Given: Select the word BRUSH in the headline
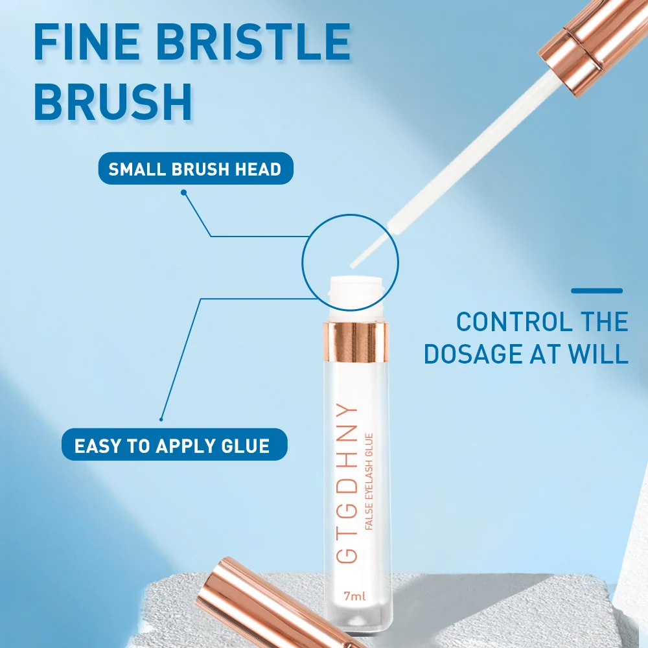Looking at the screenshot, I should click(113, 102).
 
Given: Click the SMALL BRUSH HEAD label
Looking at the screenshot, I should click(195, 170).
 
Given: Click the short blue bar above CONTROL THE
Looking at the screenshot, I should click(597, 291).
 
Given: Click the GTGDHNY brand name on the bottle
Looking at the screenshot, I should click(349, 483).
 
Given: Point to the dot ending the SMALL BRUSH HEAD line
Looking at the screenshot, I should click(183, 192).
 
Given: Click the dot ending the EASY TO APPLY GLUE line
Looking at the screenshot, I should click(161, 419).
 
